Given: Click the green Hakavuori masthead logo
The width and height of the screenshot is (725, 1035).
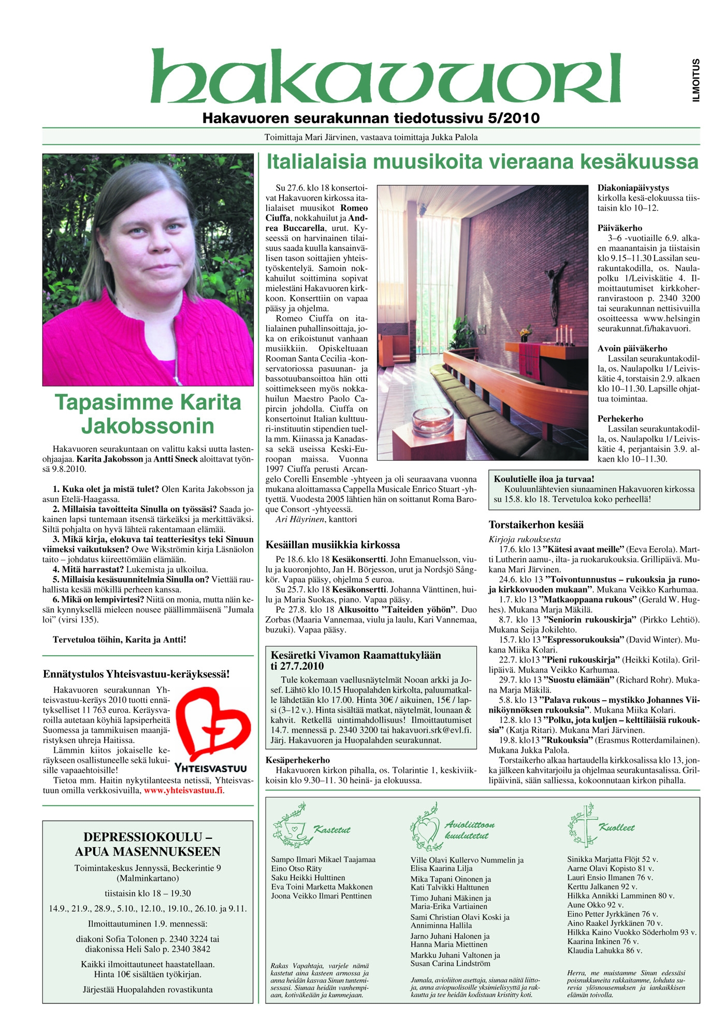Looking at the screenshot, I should (x=385, y=77).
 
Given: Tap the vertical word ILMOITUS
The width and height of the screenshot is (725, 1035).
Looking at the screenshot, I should (x=697, y=80).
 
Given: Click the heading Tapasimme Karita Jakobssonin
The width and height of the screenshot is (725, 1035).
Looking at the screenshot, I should (x=148, y=414).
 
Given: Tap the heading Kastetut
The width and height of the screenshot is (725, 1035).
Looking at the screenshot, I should (x=332, y=830).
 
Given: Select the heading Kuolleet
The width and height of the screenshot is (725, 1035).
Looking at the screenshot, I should (x=616, y=827).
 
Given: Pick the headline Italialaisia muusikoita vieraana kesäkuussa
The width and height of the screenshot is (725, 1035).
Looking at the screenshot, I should (x=482, y=162).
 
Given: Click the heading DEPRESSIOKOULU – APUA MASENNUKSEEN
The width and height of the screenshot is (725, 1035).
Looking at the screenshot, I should (x=148, y=844).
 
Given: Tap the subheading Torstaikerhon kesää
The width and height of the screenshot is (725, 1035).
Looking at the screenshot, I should (x=536, y=525).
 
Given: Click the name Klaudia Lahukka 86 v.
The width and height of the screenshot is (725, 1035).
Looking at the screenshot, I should (x=604, y=951).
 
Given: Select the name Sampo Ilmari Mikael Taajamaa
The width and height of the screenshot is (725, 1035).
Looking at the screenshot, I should (x=323, y=860).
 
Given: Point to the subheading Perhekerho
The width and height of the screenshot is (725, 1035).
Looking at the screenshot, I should (x=620, y=419).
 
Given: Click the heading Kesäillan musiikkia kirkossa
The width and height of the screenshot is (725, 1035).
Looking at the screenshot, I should (x=332, y=544).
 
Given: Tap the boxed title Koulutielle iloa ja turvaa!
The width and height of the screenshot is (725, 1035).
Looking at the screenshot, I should (x=544, y=479).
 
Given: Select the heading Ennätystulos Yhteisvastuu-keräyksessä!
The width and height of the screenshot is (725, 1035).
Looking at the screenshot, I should (x=136, y=674).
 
